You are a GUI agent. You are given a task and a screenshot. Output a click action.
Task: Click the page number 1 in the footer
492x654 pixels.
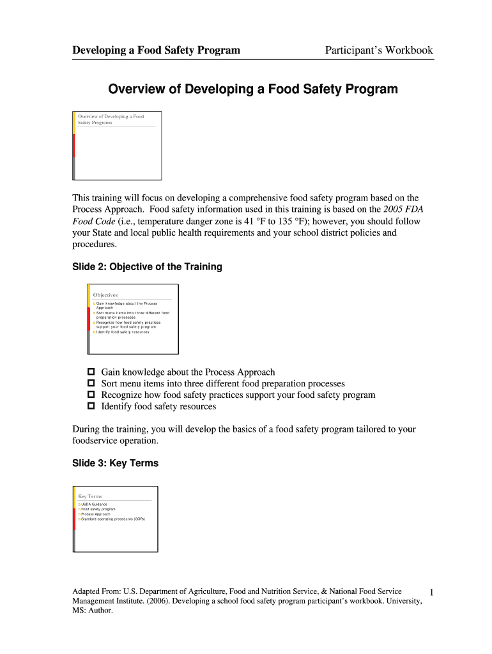click(x=431, y=594)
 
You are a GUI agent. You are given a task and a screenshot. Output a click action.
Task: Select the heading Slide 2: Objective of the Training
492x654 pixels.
click(x=147, y=267)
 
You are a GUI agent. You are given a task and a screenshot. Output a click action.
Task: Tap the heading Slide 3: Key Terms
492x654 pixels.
click(x=115, y=463)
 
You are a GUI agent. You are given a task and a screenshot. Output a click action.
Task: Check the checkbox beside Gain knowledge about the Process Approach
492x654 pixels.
click(x=91, y=372)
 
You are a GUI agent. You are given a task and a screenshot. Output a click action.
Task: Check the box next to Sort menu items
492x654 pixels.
click(x=91, y=383)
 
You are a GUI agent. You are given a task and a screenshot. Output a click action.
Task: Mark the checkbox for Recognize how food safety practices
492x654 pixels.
click(x=91, y=395)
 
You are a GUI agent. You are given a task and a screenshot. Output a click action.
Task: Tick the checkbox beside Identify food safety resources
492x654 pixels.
click(x=91, y=406)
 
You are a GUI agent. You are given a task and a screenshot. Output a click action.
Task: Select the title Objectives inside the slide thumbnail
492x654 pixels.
click(x=105, y=295)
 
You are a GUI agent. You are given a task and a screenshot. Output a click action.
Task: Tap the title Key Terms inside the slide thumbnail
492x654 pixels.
click(x=90, y=496)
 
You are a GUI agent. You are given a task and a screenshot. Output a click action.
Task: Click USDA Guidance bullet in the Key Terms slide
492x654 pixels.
click(x=94, y=504)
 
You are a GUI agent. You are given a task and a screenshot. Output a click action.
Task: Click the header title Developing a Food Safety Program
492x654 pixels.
click(x=156, y=50)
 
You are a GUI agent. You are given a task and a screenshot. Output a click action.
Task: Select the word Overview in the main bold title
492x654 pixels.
click(x=137, y=89)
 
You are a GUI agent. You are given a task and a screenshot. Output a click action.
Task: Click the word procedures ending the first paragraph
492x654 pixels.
click(x=94, y=244)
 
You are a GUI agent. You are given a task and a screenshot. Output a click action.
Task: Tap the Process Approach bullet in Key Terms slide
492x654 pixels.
click(x=96, y=514)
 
